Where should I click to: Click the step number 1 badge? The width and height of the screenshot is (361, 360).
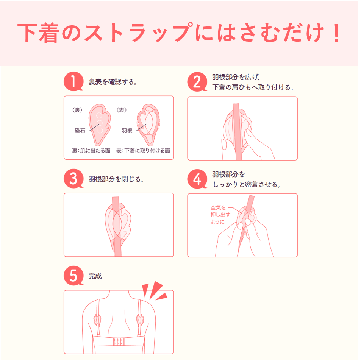pos(73,81)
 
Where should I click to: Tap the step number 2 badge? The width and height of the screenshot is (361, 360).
pos(197,82)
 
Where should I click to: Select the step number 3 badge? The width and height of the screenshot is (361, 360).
pos(73,179)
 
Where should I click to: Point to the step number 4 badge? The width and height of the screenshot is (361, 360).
pos(197,179)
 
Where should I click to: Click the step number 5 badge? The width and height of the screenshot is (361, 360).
pos(73,276)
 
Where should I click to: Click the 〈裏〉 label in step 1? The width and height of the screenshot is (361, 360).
pos(77,110)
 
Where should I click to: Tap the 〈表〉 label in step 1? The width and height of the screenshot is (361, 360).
pos(122,110)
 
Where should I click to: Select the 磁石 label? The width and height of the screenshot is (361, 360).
pos(80,131)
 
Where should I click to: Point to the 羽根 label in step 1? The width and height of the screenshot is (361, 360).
pos(127,131)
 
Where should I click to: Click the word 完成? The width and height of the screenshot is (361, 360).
pos(95,276)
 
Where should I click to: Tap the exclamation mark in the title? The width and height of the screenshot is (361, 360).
pos(337,33)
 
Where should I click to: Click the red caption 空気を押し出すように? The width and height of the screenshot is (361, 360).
pos(220,215)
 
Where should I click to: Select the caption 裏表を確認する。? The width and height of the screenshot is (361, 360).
pos(113,82)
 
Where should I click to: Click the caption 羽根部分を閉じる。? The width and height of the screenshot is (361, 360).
pos(116,179)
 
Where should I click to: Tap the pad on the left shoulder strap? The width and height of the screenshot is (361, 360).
pos(97,319)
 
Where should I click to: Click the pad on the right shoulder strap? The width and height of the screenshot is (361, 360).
pos(140,319)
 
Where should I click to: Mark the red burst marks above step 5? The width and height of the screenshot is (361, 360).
pos(155,291)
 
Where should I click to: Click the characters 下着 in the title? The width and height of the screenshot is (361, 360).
pos(38,33)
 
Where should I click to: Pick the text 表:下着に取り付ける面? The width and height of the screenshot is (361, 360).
pos(143,151)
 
